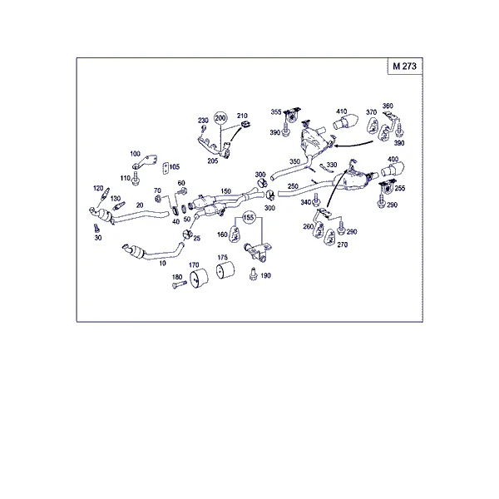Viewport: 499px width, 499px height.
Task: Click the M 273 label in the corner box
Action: coord(404,67)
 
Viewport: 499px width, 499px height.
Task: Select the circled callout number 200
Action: coord(220,118)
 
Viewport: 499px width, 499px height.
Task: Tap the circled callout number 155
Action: coord(249,218)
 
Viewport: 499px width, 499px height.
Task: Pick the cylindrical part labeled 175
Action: coord(225,269)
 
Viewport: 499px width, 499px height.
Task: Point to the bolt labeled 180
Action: coord(180,284)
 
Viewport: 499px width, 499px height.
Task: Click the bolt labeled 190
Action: coord(253,274)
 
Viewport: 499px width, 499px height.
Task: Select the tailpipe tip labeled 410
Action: coord(346,121)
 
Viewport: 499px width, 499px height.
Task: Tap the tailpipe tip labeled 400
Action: coord(393,169)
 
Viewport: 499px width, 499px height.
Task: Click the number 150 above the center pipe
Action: coord(225,191)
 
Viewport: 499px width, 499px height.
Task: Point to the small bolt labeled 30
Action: coord(96,228)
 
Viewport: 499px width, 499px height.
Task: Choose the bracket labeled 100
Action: coord(145,162)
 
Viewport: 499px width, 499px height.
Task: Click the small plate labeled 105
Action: coord(166,169)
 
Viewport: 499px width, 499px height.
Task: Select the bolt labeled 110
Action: coord(136,179)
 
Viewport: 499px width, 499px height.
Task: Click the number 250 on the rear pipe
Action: coord(293,186)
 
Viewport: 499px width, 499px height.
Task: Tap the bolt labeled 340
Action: coord(316,200)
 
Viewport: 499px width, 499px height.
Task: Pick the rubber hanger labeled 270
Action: coord(329,237)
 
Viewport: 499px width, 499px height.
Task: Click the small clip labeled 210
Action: coord(245,124)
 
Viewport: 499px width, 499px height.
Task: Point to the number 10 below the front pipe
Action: coord(163,263)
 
